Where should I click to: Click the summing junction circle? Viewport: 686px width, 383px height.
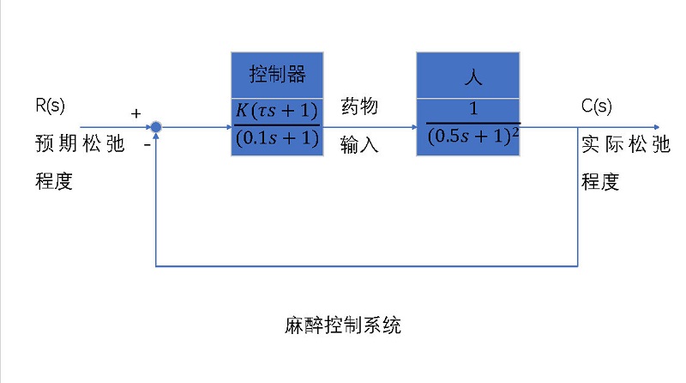pyautogui.click(x=156, y=127)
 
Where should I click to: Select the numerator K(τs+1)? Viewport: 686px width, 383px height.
pyautogui.click(x=275, y=112)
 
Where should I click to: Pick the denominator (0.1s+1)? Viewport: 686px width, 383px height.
pyautogui.click(x=275, y=138)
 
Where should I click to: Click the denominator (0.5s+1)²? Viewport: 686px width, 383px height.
pyautogui.click(x=469, y=137)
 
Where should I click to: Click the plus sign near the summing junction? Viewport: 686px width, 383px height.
pyautogui.click(x=135, y=112)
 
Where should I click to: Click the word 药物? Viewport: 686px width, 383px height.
pyautogui.click(x=359, y=106)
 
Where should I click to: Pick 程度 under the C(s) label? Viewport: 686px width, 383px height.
pyautogui.click(x=600, y=182)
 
